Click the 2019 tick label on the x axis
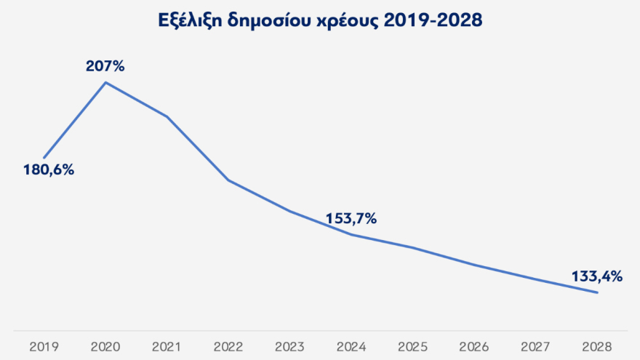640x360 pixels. click(x=44, y=346)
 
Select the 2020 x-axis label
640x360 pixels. click(x=105, y=346)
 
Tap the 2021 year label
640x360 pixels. click(x=167, y=346)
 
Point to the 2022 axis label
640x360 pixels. click(x=228, y=346)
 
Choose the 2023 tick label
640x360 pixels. click(x=290, y=346)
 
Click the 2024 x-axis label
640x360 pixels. click(x=351, y=346)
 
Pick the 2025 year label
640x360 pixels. click(x=413, y=346)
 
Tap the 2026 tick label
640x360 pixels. click(x=474, y=346)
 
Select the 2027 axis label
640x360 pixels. click(x=536, y=346)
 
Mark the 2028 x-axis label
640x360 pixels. click(x=597, y=346)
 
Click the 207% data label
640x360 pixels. click(x=105, y=66)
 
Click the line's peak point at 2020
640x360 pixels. click(x=106, y=82)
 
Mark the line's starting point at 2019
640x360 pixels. click(x=44, y=158)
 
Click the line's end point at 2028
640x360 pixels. click(x=597, y=293)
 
